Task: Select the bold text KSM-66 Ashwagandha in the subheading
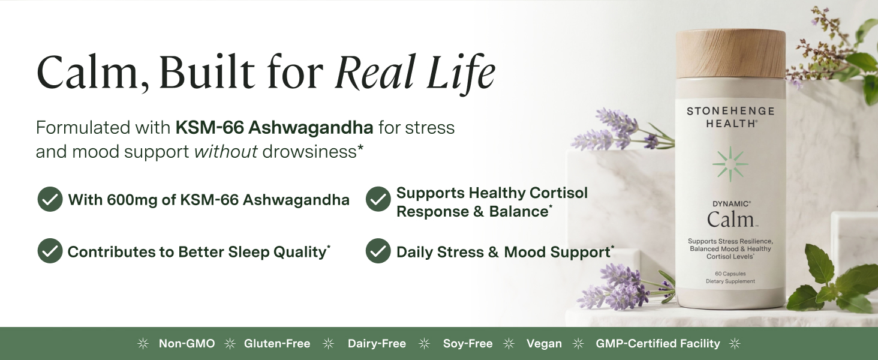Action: coord(275,127)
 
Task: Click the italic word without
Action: coord(225,151)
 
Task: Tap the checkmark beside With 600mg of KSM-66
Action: coord(50,199)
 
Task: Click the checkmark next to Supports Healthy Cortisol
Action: coord(378,199)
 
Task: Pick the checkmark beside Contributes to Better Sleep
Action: coord(50,251)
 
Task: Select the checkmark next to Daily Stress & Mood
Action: coord(378,251)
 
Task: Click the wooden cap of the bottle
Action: coord(730,54)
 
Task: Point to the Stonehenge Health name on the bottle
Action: coord(730,117)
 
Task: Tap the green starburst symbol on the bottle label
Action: coord(730,164)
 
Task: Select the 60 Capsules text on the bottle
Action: coord(730,274)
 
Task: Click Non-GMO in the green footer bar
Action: coord(187,344)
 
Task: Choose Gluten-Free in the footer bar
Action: coord(277,344)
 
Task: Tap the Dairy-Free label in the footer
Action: coord(377,344)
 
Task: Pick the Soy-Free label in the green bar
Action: coord(468,344)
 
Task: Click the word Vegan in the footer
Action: coord(544,344)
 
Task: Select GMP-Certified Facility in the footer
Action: coord(658,344)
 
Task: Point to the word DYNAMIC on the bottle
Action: coord(730,204)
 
